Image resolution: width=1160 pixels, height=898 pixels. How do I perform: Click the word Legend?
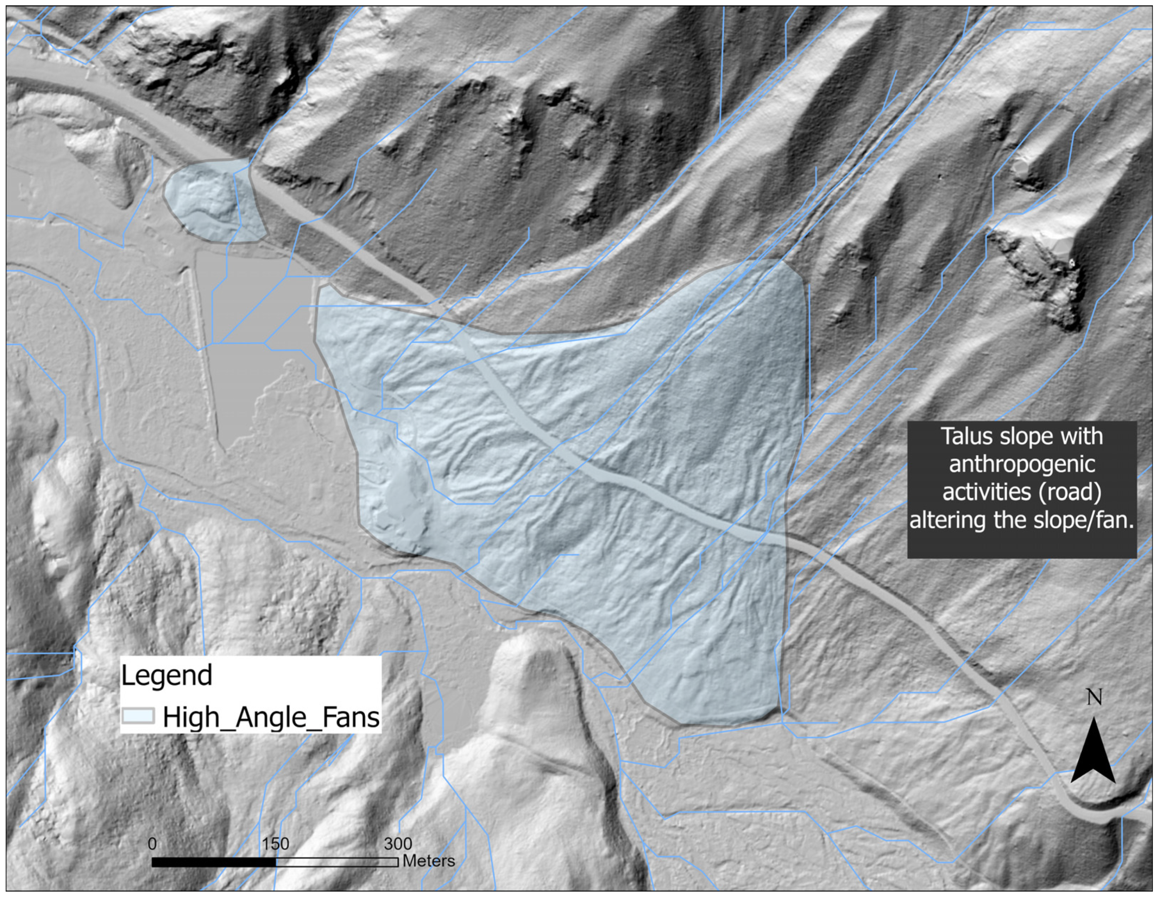(166, 676)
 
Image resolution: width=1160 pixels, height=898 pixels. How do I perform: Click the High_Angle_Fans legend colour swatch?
(138, 716)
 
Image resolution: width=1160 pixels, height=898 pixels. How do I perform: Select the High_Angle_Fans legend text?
(271, 717)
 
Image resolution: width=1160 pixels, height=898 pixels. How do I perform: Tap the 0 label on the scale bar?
(153, 843)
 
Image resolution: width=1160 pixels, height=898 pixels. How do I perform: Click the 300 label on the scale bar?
(398, 843)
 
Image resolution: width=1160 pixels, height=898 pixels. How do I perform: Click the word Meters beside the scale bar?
(428, 861)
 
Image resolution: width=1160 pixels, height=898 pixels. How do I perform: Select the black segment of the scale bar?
(214, 862)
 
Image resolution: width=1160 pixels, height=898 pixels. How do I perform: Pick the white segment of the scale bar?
(337, 862)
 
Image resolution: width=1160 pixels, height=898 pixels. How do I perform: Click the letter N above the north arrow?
(1094, 697)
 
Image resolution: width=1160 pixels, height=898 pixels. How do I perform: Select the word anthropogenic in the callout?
(1022, 464)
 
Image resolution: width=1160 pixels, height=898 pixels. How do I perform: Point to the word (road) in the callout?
(1072, 492)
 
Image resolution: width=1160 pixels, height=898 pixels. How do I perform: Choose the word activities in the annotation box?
(986, 492)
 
